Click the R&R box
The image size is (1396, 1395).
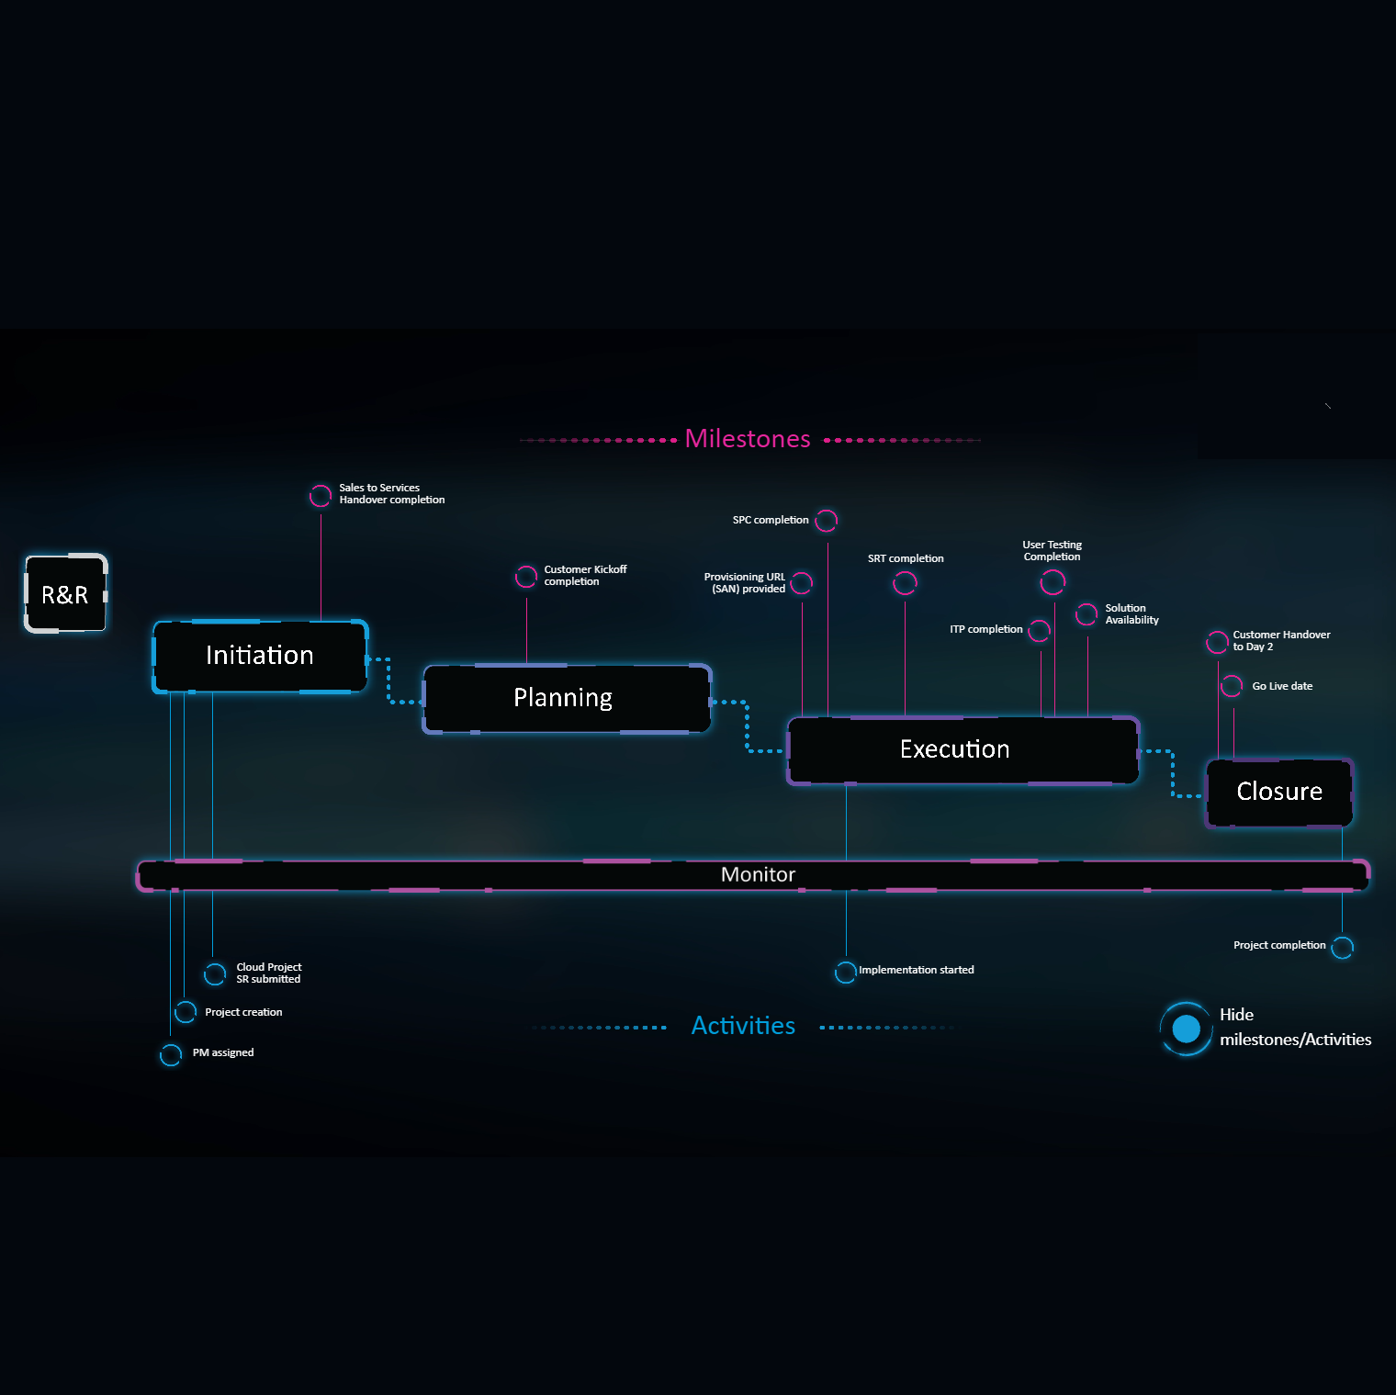pyautogui.click(x=65, y=594)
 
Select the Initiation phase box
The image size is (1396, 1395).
pyautogui.click(x=260, y=656)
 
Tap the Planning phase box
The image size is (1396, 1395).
pyautogui.click(x=563, y=698)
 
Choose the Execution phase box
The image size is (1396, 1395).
pyautogui.click(x=955, y=749)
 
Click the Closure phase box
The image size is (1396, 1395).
pyautogui.click(x=1279, y=792)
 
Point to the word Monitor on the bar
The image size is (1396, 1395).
pyautogui.click(x=758, y=874)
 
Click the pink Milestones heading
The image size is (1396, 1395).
pyautogui.click(x=748, y=439)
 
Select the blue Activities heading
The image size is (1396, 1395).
pyautogui.click(x=743, y=1026)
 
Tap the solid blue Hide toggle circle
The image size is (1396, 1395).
pyautogui.click(x=1187, y=1029)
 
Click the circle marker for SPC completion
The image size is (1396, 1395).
pyautogui.click(x=827, y=521)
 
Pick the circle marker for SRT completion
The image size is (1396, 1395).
pyautogui.click(x=905, y=582)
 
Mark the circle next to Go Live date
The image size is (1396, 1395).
pyautogui.click(x=1232, y=686)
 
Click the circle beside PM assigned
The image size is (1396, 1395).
pyautogui.click(x=171, y=1054)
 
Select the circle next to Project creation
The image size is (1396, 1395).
pyautogui.click(x=186, y=1012)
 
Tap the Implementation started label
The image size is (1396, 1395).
pyautogui.click(x=916, y=970)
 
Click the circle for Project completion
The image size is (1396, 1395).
pyautogui.click(x=1342, y=947)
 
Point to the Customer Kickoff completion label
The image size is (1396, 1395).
pyautogui.click(x=585, y=576)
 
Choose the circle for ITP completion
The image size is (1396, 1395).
pyautogui.click(x=1039, y=631)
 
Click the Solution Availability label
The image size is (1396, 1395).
pyautogui.click(x=1131, y=614)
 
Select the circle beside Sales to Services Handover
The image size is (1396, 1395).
pyautogui.click(x=321, y=496)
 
